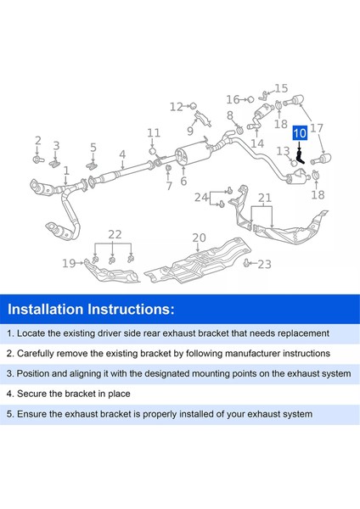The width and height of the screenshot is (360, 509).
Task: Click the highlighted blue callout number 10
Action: tap(300, 133)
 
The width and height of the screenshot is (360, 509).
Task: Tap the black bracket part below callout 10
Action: tap(301, 157)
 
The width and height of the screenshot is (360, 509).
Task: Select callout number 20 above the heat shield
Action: tap(199, 238)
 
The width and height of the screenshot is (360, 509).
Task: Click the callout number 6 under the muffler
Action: tap(183, 181)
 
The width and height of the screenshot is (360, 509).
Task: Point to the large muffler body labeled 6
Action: tap(194, 155)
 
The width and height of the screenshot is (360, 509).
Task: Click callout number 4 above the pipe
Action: tap(122, 154)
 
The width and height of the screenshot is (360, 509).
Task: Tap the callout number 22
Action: tap(115, 234)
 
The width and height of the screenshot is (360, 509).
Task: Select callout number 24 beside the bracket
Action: tap(201, 197)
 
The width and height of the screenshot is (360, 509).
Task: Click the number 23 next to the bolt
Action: tap(264, 264)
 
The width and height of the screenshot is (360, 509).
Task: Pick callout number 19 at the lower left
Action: tap(69, 263)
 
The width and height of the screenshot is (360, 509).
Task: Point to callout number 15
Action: tap(281, 88)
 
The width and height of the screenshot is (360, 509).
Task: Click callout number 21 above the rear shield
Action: tap(265, 198)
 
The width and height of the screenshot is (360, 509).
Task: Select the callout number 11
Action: tap(154, 132)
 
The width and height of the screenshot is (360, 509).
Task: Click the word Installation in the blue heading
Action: tap(47, 309)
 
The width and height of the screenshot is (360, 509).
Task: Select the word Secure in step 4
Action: tap(30, 394)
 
